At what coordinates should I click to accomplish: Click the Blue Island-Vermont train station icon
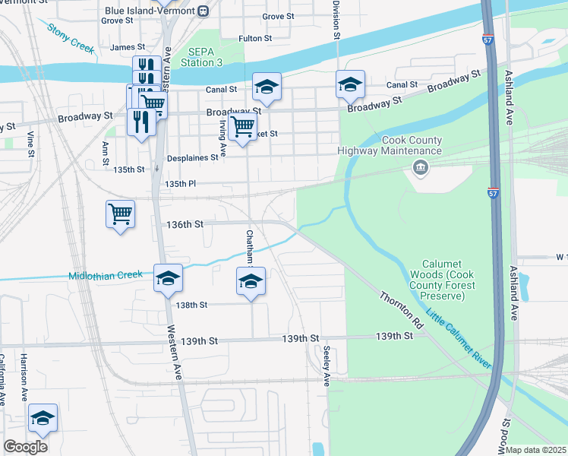(x=203, y=11)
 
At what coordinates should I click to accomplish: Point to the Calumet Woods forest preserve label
(x=442, y=280)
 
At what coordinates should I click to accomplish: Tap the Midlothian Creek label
(x=106, y=275)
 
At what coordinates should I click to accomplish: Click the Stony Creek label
(x=70, y=39)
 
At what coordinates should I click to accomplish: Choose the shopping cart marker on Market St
(x=242, y=126)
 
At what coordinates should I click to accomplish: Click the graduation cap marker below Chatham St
(x=251, y=281)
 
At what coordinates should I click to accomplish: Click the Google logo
(x=25, y=447)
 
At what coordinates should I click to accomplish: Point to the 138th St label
(x=191, y=305)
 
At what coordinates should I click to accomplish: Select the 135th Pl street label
(x=181, y=184)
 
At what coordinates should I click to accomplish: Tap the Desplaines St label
(x=193, y=158)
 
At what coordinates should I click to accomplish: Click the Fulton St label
(x=255, y=38)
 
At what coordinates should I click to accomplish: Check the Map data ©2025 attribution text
(x=536, y=450)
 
